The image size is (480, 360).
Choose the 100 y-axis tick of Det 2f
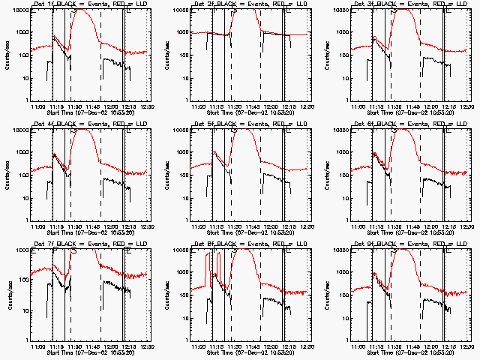(x=184, y=55)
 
